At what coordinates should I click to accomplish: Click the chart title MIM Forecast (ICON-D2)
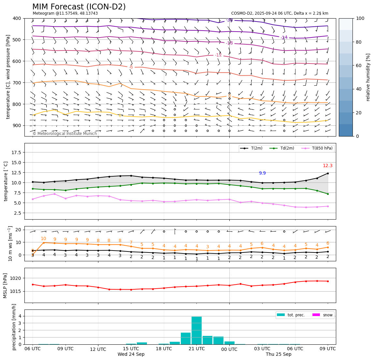79,7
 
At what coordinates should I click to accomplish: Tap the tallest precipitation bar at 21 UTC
196,330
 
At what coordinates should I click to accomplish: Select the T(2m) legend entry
254,148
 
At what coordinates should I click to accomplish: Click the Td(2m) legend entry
287,148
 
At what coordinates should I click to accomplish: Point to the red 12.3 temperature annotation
327,166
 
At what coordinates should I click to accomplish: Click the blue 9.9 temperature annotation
262,173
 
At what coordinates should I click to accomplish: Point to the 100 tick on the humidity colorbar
360,19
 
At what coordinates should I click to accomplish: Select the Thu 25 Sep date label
279,354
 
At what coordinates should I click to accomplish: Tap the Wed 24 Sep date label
131,354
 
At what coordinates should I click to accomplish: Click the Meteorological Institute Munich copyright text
65,134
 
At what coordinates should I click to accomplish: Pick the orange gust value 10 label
43,239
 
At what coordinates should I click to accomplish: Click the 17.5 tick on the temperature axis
16,152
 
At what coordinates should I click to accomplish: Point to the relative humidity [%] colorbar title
368,77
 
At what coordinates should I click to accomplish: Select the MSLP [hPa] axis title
5,286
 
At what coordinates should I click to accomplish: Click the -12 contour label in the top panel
218,55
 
